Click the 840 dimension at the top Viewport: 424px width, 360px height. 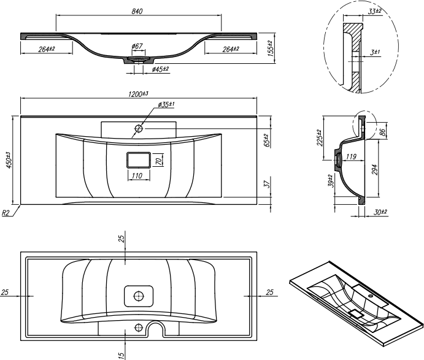pyautogui.click(x=137, y=12)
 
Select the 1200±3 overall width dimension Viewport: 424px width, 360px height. pyautogui.click(x=138, y=94)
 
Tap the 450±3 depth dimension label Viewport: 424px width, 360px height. pyautogui.click(x=9, y=160)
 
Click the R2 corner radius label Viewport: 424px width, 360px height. pyautogui.click(x=6, y=213)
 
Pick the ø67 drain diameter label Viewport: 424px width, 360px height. pyautogui.click(x=137, y=46)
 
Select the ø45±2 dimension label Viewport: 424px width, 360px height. pyautogui.click(x=160, y=69)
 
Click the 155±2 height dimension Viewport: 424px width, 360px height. pyautogui.click(x=271, y=48)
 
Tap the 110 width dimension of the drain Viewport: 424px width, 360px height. pyautogui.click(x=137, y=175)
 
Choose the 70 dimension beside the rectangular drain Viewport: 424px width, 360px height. pyautogui.click(x=160, y=161)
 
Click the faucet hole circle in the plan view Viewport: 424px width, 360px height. pyautogui.click(x=139, y=128)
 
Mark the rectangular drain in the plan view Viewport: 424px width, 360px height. pyautogui.click(x=138, y=160)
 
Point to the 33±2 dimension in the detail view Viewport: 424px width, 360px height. pyautogui.click(x=375, y=12)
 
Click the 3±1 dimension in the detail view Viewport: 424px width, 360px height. pyautogui.click(x=376, y=52)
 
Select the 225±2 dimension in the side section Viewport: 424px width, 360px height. pyautogui.click(x=320, y=137)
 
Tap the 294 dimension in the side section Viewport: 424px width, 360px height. pyautogui.click(x=374, y=169)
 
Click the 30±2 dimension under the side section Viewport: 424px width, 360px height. pyautogui.click(x=380, y=212)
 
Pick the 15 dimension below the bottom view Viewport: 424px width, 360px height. pyautogui.click(x=121, y=353)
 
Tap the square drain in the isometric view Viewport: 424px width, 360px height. pyautogui.click(x=357, y=314)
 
